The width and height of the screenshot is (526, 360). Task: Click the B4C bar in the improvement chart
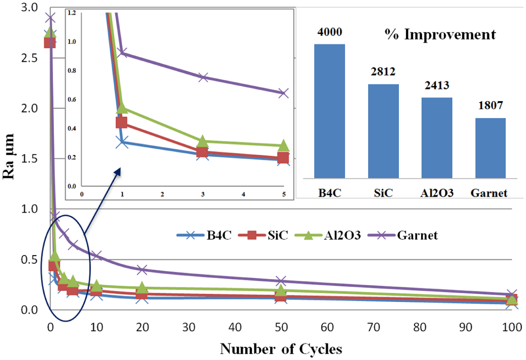coord(329,111)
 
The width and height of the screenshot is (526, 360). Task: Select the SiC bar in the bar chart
coord(383,131)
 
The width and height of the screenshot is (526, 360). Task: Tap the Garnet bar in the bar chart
coord(490,148)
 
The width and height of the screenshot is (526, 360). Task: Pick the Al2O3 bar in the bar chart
coord(437,138)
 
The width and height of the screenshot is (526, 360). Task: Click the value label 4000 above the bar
coord(330,32)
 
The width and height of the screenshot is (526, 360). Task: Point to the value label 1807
coord(491,106)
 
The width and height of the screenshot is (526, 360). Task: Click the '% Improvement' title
coord(440,35)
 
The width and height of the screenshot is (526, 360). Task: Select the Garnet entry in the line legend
coord(403,235)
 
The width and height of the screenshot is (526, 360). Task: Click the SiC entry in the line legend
coord(263,235)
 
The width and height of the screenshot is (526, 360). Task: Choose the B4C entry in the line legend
coord(204,235)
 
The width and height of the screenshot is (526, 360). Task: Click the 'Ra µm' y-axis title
coord(8,156)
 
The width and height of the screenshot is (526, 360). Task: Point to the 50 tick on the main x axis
coord(281,327)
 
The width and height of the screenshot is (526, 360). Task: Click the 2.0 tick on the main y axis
coord(29,108)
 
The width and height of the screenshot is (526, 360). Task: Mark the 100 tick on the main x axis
coord(512,327)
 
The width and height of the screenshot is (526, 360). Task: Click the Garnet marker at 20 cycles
coord(141,269)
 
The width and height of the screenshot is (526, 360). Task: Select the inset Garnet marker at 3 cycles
coord(203,77)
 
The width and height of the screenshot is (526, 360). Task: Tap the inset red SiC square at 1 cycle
coord(121,122)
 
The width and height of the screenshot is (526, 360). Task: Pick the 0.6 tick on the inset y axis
coord(72,100)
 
